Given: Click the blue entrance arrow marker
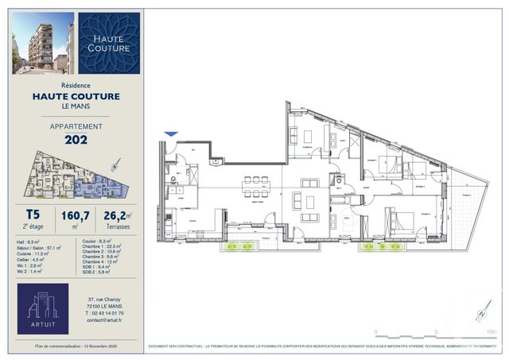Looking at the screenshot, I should pyautogui.click(x=170, y=134).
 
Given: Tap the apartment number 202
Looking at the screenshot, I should pyautogui.click(x=76, y=141).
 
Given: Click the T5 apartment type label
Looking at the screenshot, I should pyautogui.click(x=33, y=213).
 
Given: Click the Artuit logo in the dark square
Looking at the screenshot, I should pyautogui.click(x=42, y=308).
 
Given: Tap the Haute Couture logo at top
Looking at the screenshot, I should pyautogui.click(x=110, y=43).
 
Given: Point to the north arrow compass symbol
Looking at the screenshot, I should pyautogui.click(x=480, y=313).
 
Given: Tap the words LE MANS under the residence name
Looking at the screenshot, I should pyautogui.click(x=76, y=106).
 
